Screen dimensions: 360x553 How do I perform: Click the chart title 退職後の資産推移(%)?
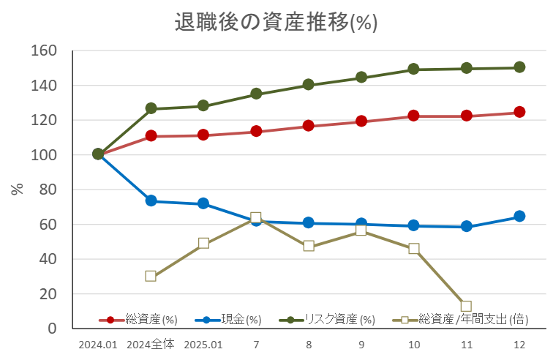[276, 22]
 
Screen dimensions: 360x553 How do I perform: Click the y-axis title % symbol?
[17, 189]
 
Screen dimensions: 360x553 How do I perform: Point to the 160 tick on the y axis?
[43, 51]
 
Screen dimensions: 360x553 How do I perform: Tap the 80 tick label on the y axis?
[48, 190]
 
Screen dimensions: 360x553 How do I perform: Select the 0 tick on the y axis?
[52, 329]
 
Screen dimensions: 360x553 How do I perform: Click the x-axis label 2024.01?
[97, 345]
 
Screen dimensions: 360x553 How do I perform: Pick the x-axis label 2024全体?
[150, 345]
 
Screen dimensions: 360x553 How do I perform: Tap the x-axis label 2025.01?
[203, 345]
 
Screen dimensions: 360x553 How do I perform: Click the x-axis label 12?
[519, 345]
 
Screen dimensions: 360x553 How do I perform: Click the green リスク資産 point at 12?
[519, 67]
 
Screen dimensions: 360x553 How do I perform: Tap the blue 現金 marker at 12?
[519, 217]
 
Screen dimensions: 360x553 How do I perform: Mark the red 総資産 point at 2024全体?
[151, 136]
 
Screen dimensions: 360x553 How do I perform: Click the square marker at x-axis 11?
[467, 306]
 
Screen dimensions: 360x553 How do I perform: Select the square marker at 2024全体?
[151, 276]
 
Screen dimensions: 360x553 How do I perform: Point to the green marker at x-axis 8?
[309, 85]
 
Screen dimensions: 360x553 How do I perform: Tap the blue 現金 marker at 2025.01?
[203, 203]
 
